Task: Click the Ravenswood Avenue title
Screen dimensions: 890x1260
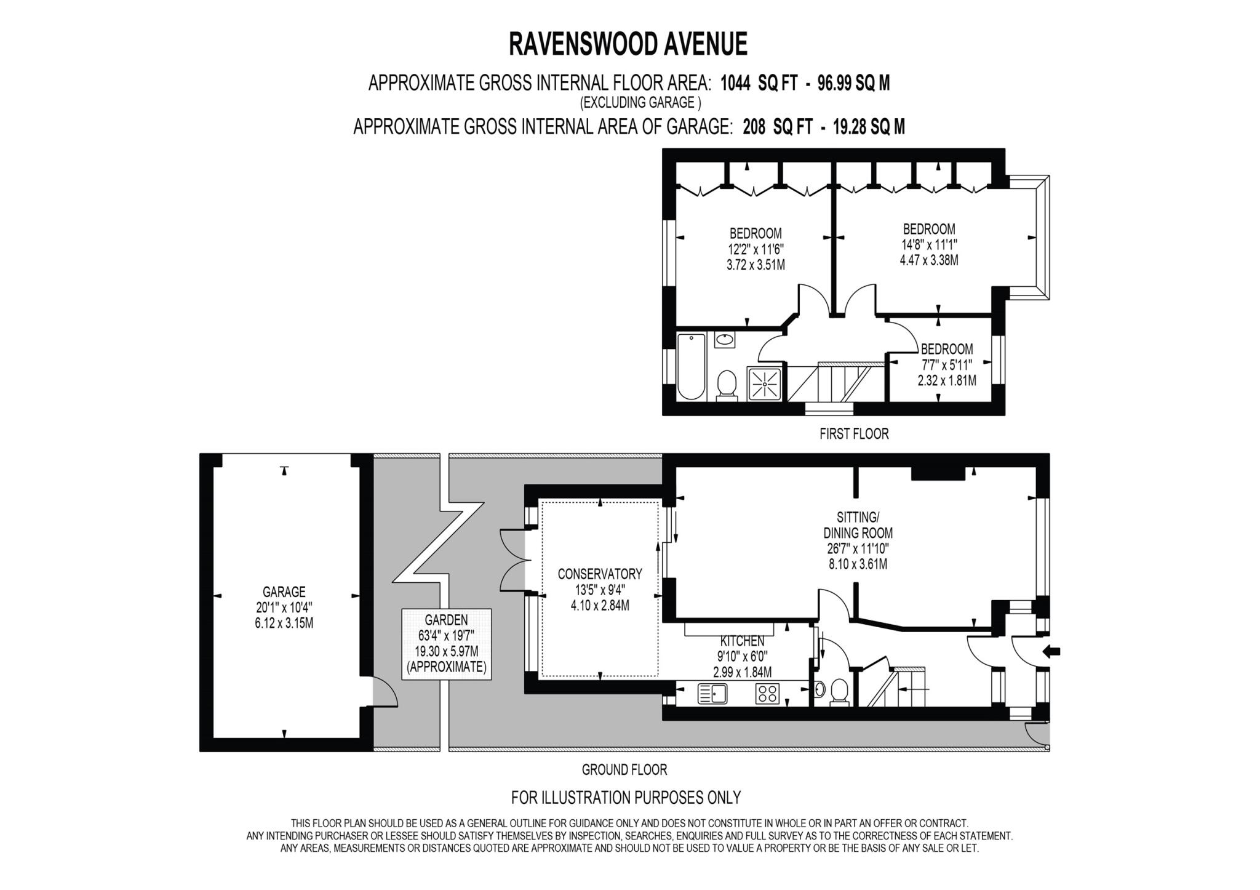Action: (x=628, y=44)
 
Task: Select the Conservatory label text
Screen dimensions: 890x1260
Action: (x=599, y=574)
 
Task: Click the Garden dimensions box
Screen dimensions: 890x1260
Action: (x=447, y=644)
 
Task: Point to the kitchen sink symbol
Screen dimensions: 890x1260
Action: (x=712, y=694)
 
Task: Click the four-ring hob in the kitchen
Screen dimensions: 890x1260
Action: (x=767, y=694)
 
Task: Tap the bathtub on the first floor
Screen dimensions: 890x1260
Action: (x=691, y=366)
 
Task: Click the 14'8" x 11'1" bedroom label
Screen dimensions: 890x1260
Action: (x=928, y=244)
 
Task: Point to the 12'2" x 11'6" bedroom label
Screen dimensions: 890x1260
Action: (x=756, y=249)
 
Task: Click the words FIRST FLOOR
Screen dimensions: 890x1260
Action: (x=854, y=434)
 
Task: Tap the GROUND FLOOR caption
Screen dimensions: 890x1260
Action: (x=624, y=769)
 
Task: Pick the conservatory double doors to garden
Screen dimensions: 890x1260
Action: (x=514, y=561)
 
